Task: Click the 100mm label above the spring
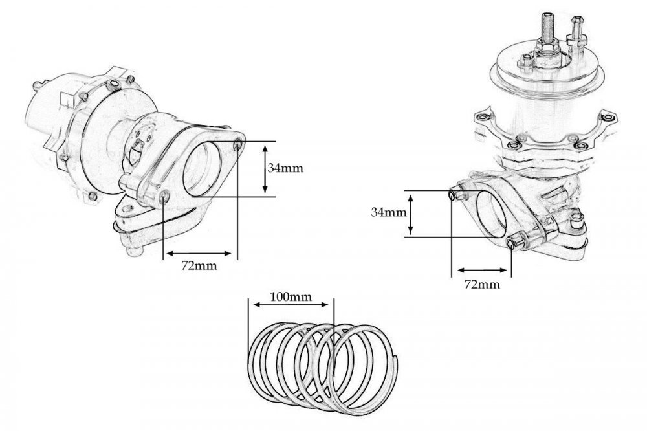291,296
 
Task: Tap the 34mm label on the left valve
285,168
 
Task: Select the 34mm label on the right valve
389,213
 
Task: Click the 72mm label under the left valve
199,265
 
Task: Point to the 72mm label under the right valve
482,285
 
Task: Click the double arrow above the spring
291,305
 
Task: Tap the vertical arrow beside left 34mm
265,168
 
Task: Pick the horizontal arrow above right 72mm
482,271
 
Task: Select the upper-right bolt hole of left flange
238,144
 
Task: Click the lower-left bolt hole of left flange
164,198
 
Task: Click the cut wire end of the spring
397,359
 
